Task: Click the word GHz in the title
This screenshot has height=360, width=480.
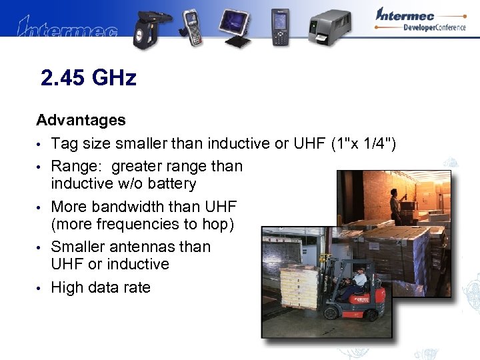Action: tap(114, 79)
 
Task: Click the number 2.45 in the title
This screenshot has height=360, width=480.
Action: tap(63, 79)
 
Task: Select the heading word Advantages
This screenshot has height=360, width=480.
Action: tap(81, 120)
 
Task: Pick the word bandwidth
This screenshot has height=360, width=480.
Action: tap(144, 206)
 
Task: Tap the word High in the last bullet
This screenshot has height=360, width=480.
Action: tap(69, 287)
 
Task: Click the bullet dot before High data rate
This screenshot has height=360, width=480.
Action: tap(40, 288)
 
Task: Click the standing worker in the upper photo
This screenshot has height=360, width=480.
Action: tap(395, 206)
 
